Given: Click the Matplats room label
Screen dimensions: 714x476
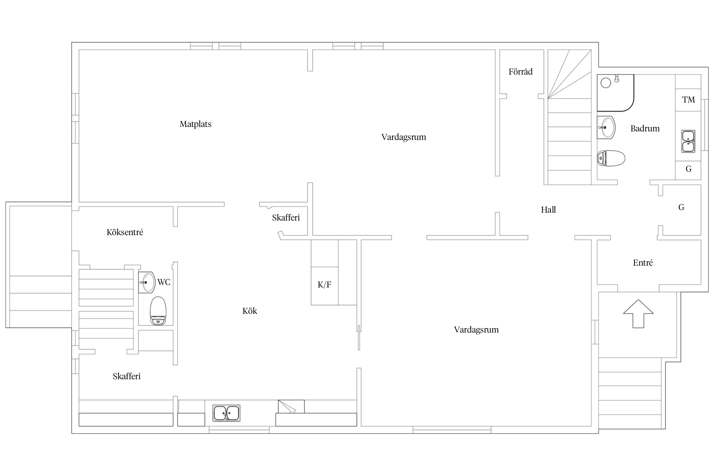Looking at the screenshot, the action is click(195, 124).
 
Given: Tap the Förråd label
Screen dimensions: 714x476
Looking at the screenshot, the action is click(520, 71).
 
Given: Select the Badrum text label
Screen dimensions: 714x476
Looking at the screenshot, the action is click(645, 129).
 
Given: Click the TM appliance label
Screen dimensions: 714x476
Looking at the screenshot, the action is click(689, 100).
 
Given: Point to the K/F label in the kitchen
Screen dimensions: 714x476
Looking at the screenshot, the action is click(324, 285).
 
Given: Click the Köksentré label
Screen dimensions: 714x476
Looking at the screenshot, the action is click(125, 232).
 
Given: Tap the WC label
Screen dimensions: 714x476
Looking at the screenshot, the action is click(164, 282).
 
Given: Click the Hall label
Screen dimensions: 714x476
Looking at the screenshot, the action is click(548, 210).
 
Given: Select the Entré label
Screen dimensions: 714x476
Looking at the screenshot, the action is click(643, 263).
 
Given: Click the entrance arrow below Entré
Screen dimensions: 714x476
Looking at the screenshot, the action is click(638, 314).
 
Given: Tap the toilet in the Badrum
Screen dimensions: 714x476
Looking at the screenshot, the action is click(611, 158).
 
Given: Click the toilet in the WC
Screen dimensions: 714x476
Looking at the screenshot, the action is click(158, 311).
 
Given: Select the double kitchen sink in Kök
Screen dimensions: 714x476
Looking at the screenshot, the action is click(226, 413).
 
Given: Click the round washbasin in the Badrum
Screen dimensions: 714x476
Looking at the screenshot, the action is click(606, 128).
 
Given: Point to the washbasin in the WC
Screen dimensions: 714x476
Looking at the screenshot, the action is click(147, 282).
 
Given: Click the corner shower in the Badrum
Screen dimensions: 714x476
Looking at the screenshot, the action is click(615, 93).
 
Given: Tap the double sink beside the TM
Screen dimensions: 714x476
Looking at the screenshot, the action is click(688, 141).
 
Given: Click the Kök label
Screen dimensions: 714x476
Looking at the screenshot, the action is click(250, 311).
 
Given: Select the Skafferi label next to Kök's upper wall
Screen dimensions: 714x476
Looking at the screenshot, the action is click(286, 218).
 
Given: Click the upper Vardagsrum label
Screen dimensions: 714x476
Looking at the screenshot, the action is click(404, 137).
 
